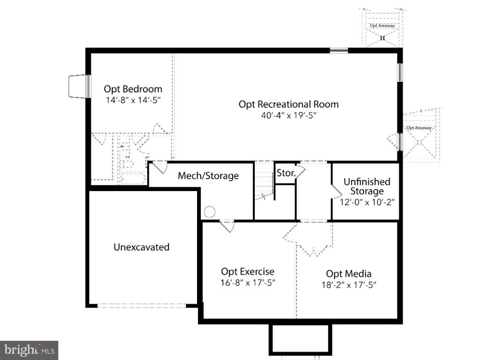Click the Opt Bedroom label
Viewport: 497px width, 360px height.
[133, 89]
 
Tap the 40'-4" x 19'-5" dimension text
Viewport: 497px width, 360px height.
[288, 116]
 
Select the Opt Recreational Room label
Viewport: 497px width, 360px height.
[288, 104]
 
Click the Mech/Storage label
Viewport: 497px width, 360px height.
[208, 176]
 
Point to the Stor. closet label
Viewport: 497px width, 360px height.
[286, 173]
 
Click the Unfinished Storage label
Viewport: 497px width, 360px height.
[366, 186]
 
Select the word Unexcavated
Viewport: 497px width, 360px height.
[141, 247]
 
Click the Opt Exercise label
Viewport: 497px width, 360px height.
[248, 272]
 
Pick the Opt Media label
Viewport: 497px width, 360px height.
[349, 274]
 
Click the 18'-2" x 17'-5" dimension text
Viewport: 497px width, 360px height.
[349, 285]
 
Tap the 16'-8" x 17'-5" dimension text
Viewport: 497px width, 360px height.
[248, 283]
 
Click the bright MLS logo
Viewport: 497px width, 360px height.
[29, 350]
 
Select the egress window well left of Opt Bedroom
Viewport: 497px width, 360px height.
[78, 86]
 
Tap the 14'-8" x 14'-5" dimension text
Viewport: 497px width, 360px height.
[132, 101]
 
